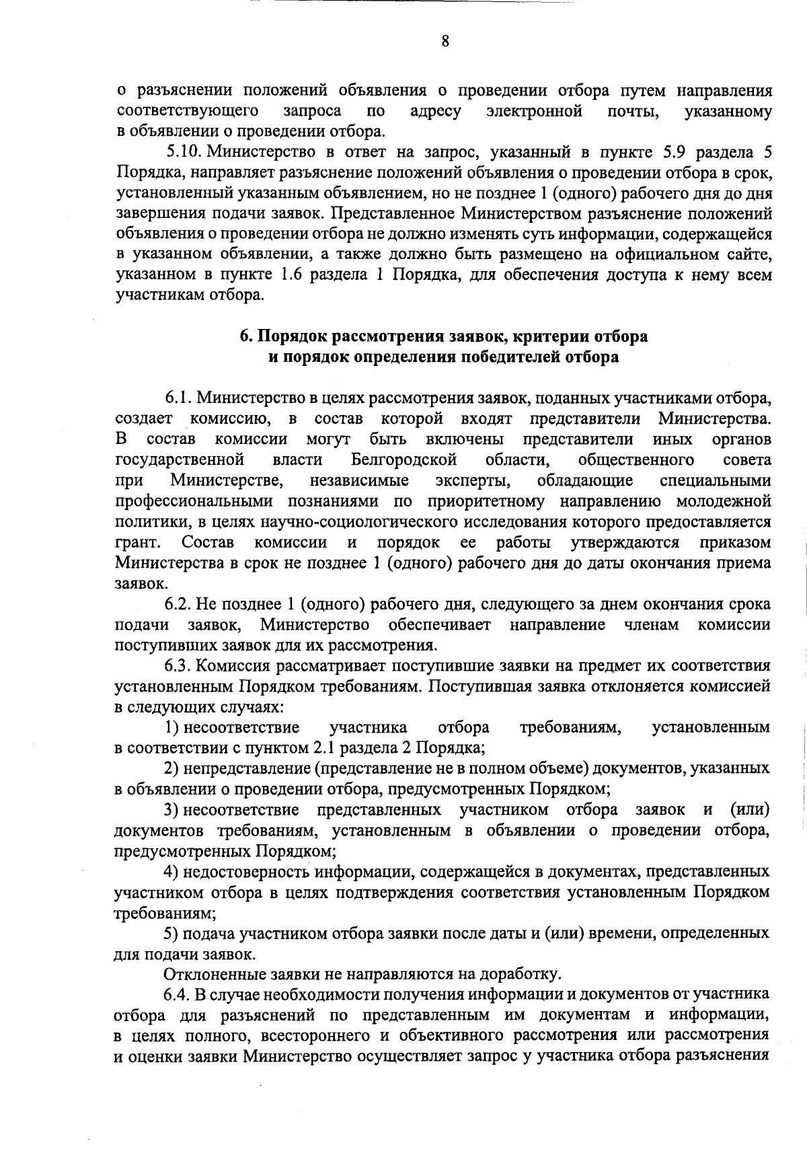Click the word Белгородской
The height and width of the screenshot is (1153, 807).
pos(404,460)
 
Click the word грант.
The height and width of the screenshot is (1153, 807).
pos(137,543)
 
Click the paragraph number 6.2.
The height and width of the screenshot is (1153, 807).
pos(178,604)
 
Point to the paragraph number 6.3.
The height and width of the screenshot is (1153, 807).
pos(178,666)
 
